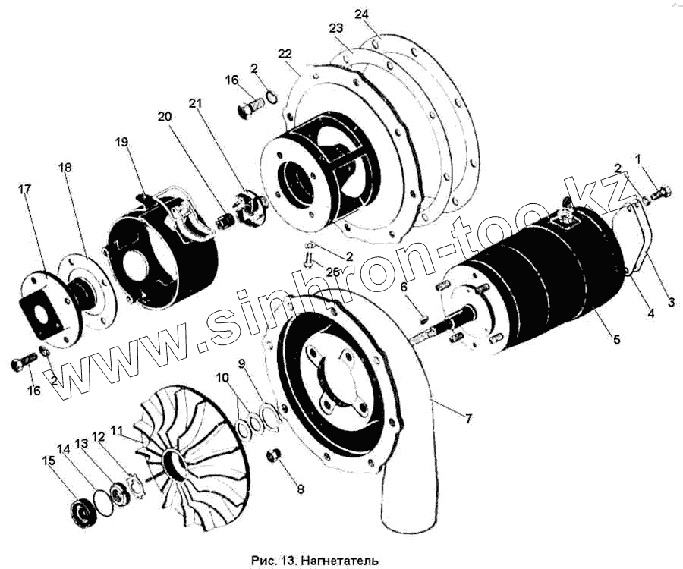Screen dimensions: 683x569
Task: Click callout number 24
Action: coord(361,14)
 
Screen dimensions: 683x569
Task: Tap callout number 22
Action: coord(285,54)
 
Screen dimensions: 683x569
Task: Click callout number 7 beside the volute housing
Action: coord(467,420)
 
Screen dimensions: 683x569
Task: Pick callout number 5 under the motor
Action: coord(617,338)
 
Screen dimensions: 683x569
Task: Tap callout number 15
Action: coord(49,461)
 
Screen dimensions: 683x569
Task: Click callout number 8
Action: coord(300,489)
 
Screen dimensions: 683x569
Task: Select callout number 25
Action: coord(332,272)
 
